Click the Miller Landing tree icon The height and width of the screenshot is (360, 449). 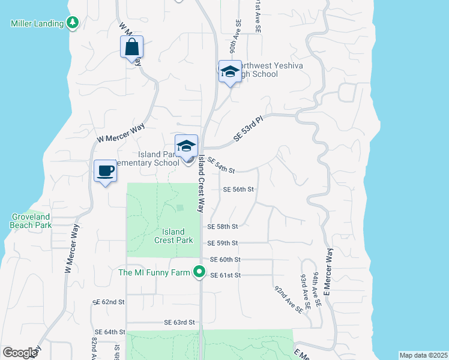coord(73,23)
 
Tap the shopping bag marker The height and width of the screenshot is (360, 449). coord(131,47)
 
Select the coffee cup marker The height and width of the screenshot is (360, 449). coord(105,171)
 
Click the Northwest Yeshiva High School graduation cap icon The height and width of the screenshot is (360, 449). coord(229,72)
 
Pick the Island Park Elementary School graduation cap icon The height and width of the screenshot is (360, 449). coord(187,146)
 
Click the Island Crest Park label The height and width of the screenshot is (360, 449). coord(173,236)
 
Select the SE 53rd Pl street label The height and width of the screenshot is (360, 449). coord(248,128)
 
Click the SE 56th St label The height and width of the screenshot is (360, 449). coord(239,189)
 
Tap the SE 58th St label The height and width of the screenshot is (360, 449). coord(223,227)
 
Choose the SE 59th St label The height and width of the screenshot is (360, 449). coord(223,243)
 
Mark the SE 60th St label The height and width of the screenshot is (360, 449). coord(225,259)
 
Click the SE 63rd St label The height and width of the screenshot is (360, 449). coord(180,322)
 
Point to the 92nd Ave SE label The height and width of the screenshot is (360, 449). coord(288,299)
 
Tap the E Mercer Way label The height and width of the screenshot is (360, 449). coord(329,271)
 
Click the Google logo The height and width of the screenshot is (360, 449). coord(20,353)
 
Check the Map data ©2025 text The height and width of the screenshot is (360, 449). coord(423,355)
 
